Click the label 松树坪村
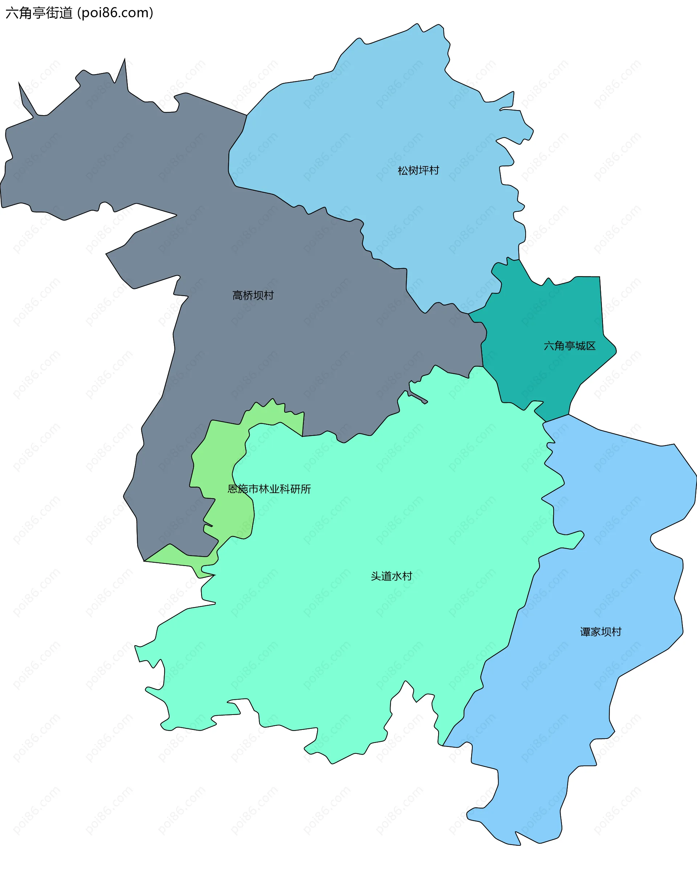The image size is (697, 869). [x=418, y=170]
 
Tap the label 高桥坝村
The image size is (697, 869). [x=253, y=295]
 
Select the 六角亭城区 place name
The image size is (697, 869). [x=569, y=346]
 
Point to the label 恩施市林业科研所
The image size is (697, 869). [x=269, y=489]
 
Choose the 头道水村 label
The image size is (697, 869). [x=391, y=576]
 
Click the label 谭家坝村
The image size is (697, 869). [x=600, y=632]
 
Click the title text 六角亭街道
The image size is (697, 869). [x=39, y=13]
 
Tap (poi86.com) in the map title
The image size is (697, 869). [x=115, y=13]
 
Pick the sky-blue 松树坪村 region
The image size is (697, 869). [x=383, y=121]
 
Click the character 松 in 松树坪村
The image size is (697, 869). [x=403, y=170]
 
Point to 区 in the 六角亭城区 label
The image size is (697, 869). [x=591, y=346]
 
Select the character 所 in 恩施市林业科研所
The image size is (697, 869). [x=306, y=489]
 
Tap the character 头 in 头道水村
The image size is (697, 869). [x=376, y=576]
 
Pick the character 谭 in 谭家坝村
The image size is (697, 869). [x=585, y=632]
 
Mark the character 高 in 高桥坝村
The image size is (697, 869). [x=237, y=295]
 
